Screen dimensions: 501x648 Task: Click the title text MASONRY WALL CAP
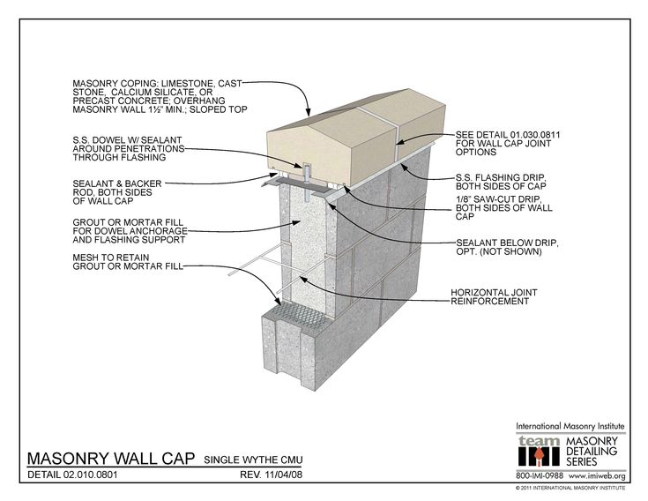(111, 458)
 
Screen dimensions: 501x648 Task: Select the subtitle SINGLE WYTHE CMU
(257, 460)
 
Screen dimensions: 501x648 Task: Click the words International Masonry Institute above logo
(570, 426)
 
